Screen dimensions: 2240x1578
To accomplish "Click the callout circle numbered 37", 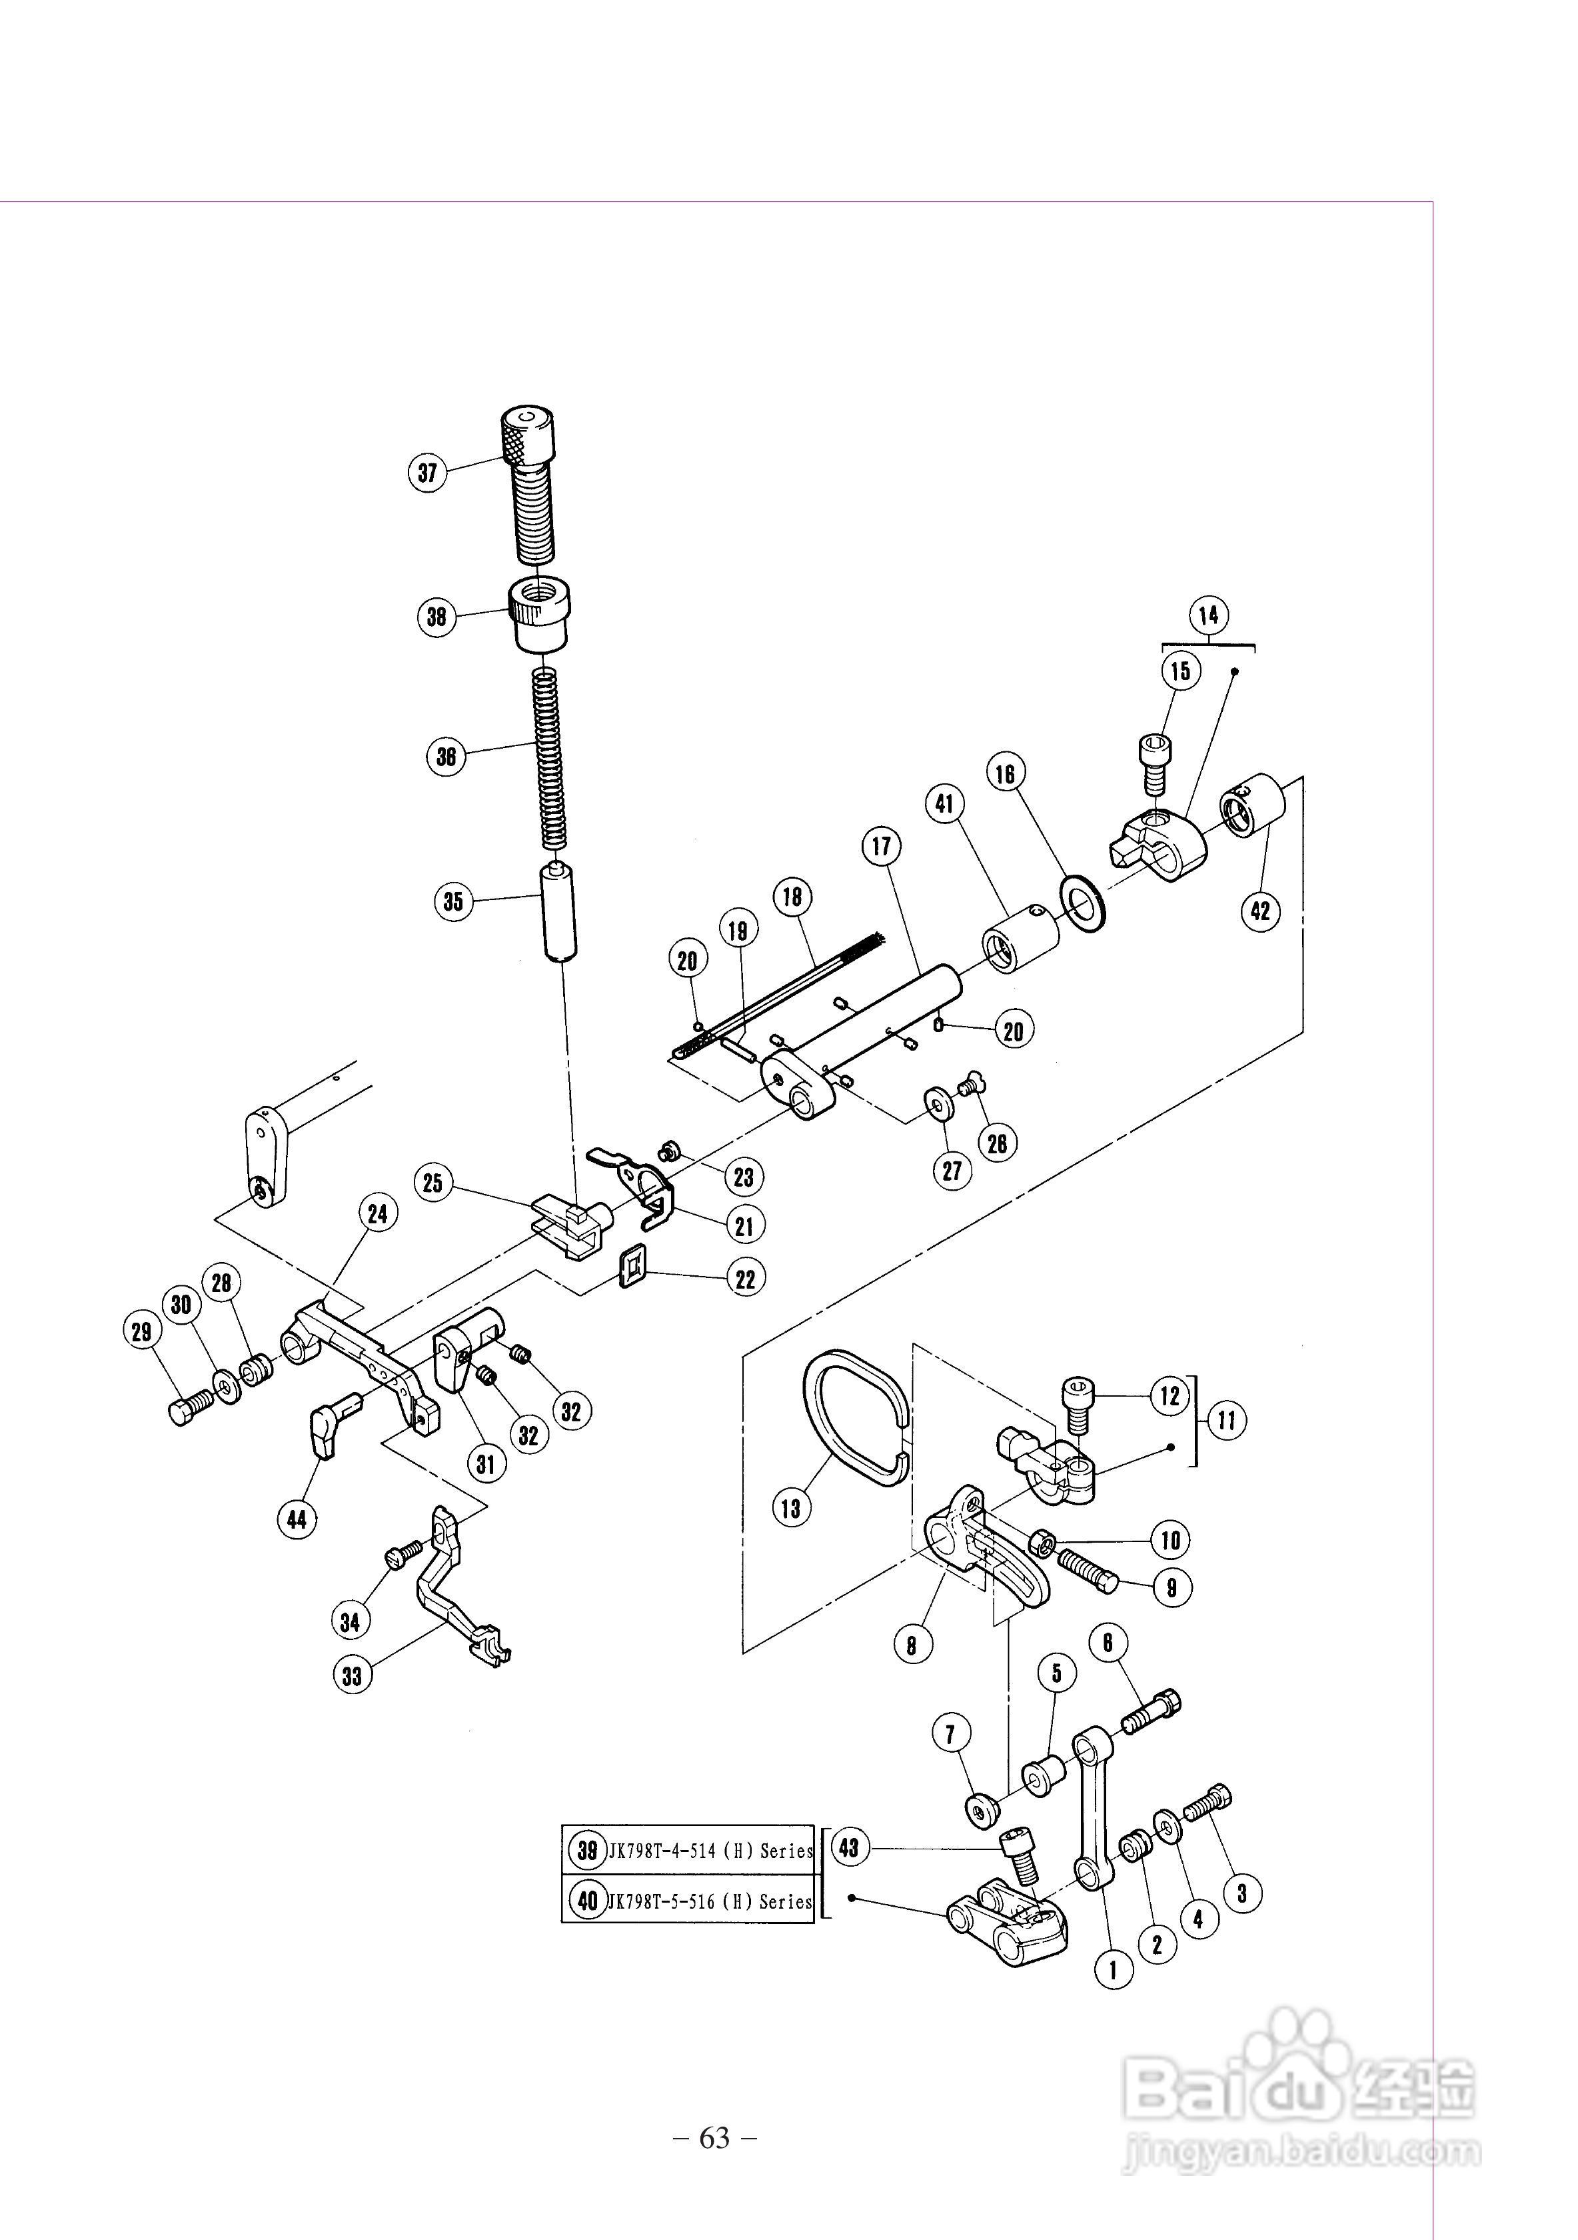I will coord(427,473).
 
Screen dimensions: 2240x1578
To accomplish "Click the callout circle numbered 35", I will coord(454,901).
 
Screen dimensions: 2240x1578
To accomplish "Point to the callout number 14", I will coord(1208,615).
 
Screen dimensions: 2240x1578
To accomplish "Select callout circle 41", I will coord(944,804).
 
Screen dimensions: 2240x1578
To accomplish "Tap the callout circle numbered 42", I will coord(1260,911).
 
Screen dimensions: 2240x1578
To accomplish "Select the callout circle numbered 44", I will coord(297,1519).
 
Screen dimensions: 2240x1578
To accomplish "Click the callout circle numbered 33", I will coord(352,1675).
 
